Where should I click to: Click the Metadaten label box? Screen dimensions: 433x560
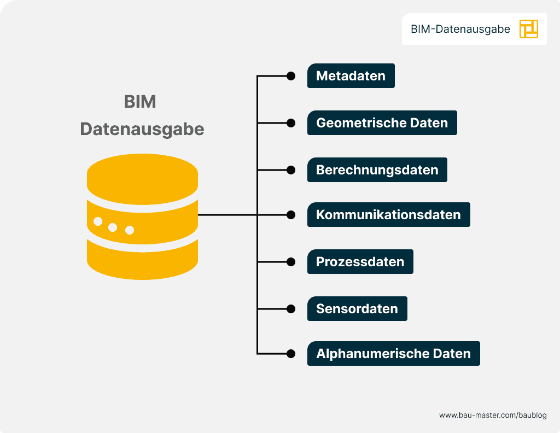tap(351, 76)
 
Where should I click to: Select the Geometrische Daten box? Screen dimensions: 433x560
tap(382, 123)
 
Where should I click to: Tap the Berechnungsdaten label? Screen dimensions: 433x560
tap(377, 170)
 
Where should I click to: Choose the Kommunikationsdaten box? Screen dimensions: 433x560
tap(388, 215)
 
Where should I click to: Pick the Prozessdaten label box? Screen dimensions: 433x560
tap(360, 262)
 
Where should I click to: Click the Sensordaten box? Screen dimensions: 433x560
tap(357, 309)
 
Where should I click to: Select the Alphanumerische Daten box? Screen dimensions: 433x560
tap(393, 354)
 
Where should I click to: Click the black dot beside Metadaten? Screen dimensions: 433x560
tap(291, 76)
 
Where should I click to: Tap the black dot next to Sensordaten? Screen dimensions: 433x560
tap(291, 309)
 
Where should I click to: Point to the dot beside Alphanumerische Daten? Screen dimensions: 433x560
tap(291, 354)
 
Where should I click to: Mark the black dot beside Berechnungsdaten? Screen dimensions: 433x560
tap(291, 170)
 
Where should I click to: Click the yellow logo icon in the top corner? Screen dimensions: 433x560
tap(529, 29)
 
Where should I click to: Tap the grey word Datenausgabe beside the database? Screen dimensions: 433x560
tap(142, 129)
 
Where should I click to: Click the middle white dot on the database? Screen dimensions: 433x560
tap(113, 227)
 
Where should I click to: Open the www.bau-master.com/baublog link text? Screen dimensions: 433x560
tap(493, 416)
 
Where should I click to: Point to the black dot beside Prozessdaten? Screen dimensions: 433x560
tap(291, 262)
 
